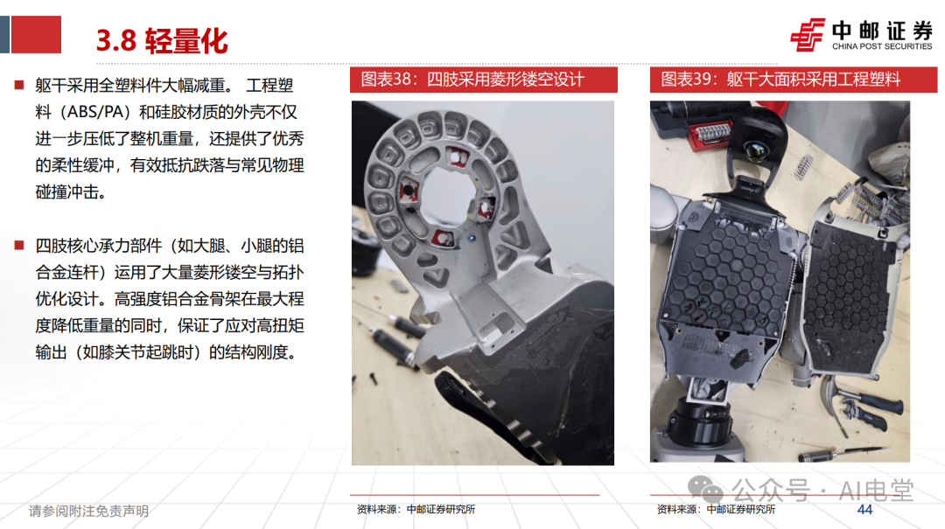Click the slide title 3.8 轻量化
162,41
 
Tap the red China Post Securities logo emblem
807,34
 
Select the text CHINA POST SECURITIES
882,46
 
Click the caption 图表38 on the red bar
385,79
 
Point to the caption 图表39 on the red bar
685,79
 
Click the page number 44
864,510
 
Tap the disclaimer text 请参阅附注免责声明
88,512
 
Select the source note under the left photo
416,510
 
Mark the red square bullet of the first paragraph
19,85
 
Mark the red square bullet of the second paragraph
19,245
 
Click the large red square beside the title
36,34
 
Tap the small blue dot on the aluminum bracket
472,238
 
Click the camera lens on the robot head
753,150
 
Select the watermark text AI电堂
876,490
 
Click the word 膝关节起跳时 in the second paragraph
146,352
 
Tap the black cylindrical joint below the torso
701,421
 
